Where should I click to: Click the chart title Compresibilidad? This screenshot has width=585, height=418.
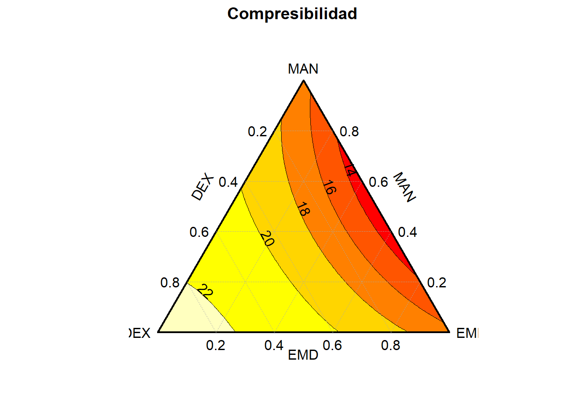pos(292,14)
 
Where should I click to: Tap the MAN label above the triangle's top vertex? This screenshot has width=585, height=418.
pos(303,69)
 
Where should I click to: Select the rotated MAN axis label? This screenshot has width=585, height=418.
pos(404,187)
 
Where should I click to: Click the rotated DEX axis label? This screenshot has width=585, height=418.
pos(203,187)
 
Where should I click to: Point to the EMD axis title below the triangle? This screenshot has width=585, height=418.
pos(303,355)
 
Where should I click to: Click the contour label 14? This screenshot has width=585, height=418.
pos(350,170)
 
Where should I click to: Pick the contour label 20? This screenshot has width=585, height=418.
pos(267,239)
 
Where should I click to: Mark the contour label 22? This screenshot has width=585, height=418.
pos(205,291)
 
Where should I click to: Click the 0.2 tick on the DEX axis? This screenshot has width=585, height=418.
pos(257,132)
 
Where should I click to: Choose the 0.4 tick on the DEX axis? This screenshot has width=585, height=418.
pos(228,182)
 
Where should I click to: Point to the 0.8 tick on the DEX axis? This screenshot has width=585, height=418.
pos(170,283)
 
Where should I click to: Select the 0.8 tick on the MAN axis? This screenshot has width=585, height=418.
pos(349,132)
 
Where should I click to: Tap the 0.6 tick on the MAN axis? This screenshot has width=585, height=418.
pos(378,182)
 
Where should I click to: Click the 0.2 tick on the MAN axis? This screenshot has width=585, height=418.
pos(437,283)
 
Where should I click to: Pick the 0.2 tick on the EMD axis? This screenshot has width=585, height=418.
pos(215,345)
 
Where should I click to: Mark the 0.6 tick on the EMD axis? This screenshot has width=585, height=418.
pos(332,345)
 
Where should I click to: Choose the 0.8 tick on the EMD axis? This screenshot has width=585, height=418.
pos(390,345)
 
